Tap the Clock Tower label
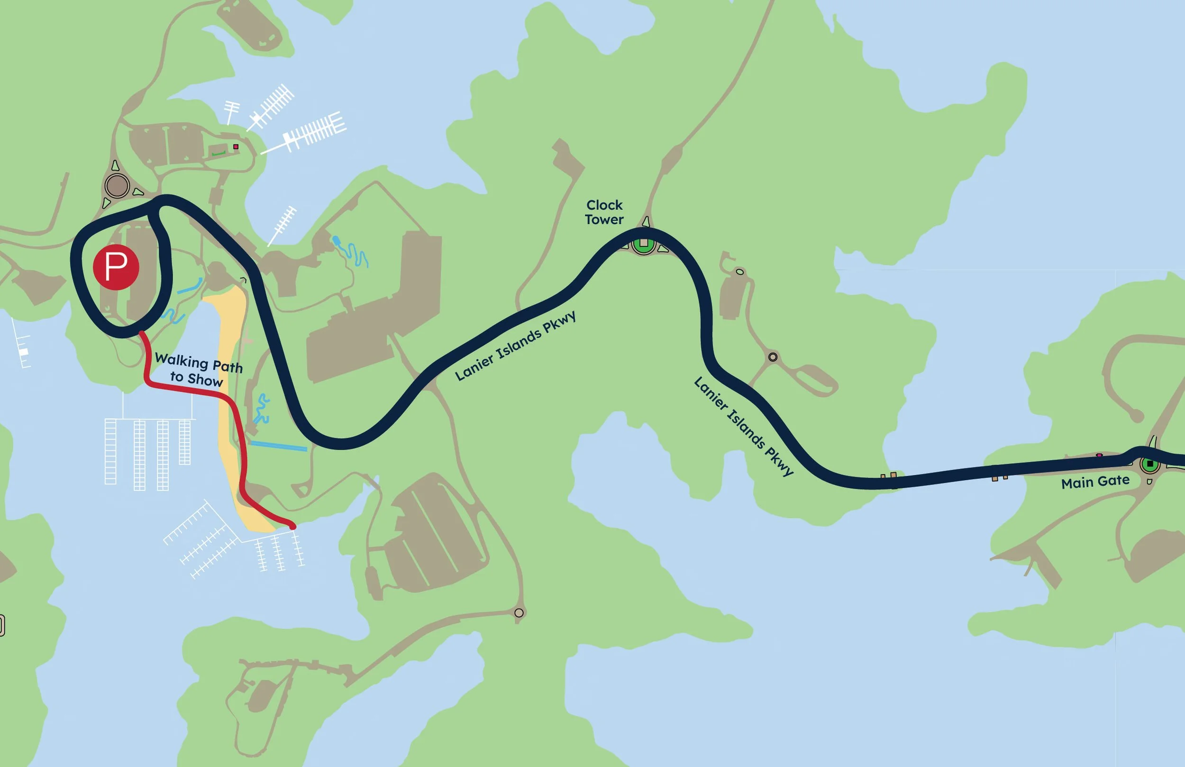tap(604, 212)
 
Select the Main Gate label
tap(1095, 482)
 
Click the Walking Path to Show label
tap(198, 370)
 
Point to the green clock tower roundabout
tap(643, 244)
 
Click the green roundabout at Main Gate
tap(1149, 464)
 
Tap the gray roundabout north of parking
tap(117, 186)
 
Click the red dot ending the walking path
tap(293, 526)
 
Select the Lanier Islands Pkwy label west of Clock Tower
tap(515, 346)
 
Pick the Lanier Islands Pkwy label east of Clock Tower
tap(743, 427)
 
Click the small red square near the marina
tap(236, 147)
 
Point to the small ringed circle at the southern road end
tap(519, 612)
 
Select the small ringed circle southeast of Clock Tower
tap(773, 356)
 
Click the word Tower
tap(604, 219)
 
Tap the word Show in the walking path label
tap(205, 381)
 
